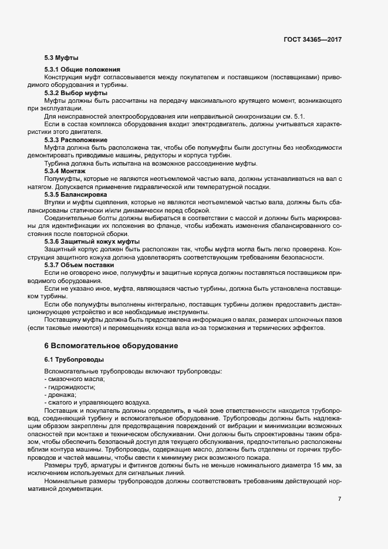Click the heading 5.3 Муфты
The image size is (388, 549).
click(62, 58)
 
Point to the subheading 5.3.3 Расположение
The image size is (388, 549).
click(76, 140)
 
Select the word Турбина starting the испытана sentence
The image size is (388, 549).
click(58, 163)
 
